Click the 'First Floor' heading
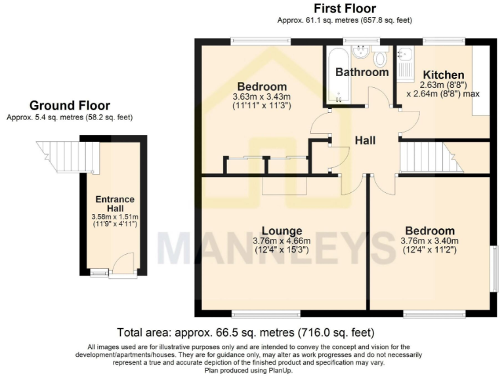point(345,9)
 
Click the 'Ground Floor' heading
point(70,106)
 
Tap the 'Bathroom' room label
point(362,72)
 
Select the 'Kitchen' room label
point(443,75)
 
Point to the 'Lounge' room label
point(282,231)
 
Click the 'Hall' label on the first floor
point(366,140)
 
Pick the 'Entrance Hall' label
point(114,204)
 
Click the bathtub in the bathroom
point(337,75)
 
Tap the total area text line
point(245,332)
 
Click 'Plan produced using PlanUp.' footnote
point(252,370)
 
